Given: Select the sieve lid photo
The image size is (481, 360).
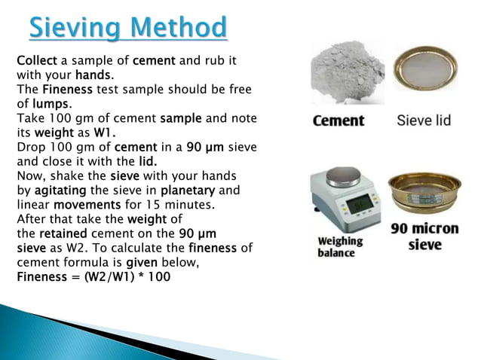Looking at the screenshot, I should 424,71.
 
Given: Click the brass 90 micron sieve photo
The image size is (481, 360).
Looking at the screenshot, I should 424,195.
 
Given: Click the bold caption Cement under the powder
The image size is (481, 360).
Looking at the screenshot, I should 338,121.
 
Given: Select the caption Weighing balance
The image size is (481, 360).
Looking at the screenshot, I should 340,246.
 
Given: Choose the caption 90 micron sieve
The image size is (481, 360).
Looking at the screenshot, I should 424,236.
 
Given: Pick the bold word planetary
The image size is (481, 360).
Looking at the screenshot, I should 188,190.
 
